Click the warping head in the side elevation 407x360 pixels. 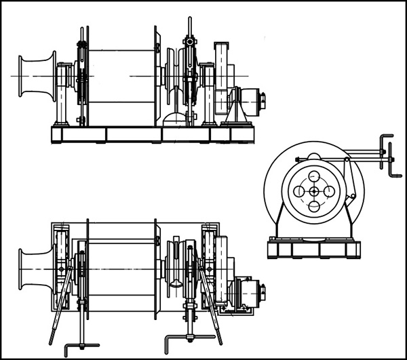tap(37, 76)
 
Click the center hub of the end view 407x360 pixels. tap(314, 191)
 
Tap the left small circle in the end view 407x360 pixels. tap(299, 191)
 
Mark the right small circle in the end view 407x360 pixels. tap(329, 191)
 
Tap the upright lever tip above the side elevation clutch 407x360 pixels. tap(189, 24)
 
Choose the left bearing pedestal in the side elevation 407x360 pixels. tap(63, 95)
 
